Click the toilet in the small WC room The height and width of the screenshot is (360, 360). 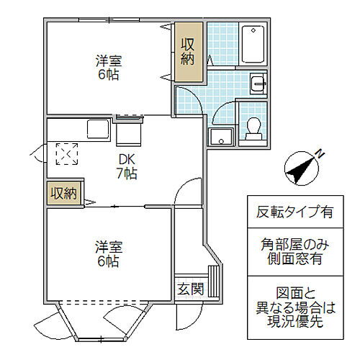(253, 127)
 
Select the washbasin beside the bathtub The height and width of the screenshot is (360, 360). (258, 84)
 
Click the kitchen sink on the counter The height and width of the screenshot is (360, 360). (98, 130)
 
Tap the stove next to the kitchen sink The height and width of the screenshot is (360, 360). (128, 131)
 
